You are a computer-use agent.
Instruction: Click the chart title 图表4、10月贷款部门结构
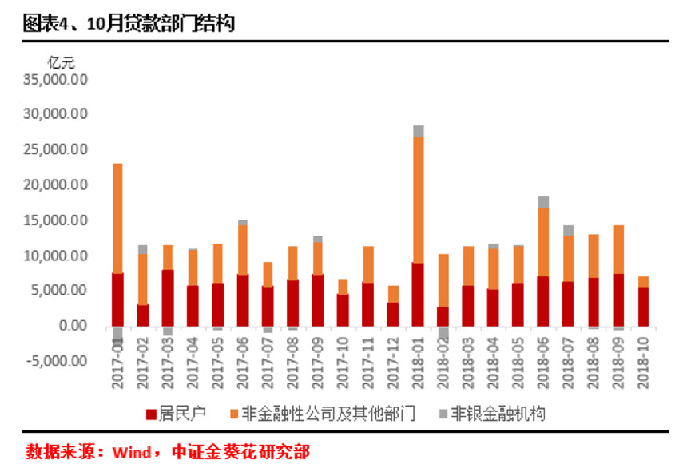pos(129,23)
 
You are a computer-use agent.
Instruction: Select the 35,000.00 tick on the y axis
pos(56,80)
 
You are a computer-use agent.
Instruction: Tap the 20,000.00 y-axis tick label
pos(56,185)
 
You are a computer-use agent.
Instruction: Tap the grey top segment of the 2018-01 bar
pos(418,131)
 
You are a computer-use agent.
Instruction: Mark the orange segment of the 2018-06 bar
pos(542,242)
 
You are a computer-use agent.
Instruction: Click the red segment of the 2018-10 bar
pos(642,307)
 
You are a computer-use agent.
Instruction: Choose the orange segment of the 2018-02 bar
pos(443,280)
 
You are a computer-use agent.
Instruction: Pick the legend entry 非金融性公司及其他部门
pos(324,413)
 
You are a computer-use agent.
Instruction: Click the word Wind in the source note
pos(130,453)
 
